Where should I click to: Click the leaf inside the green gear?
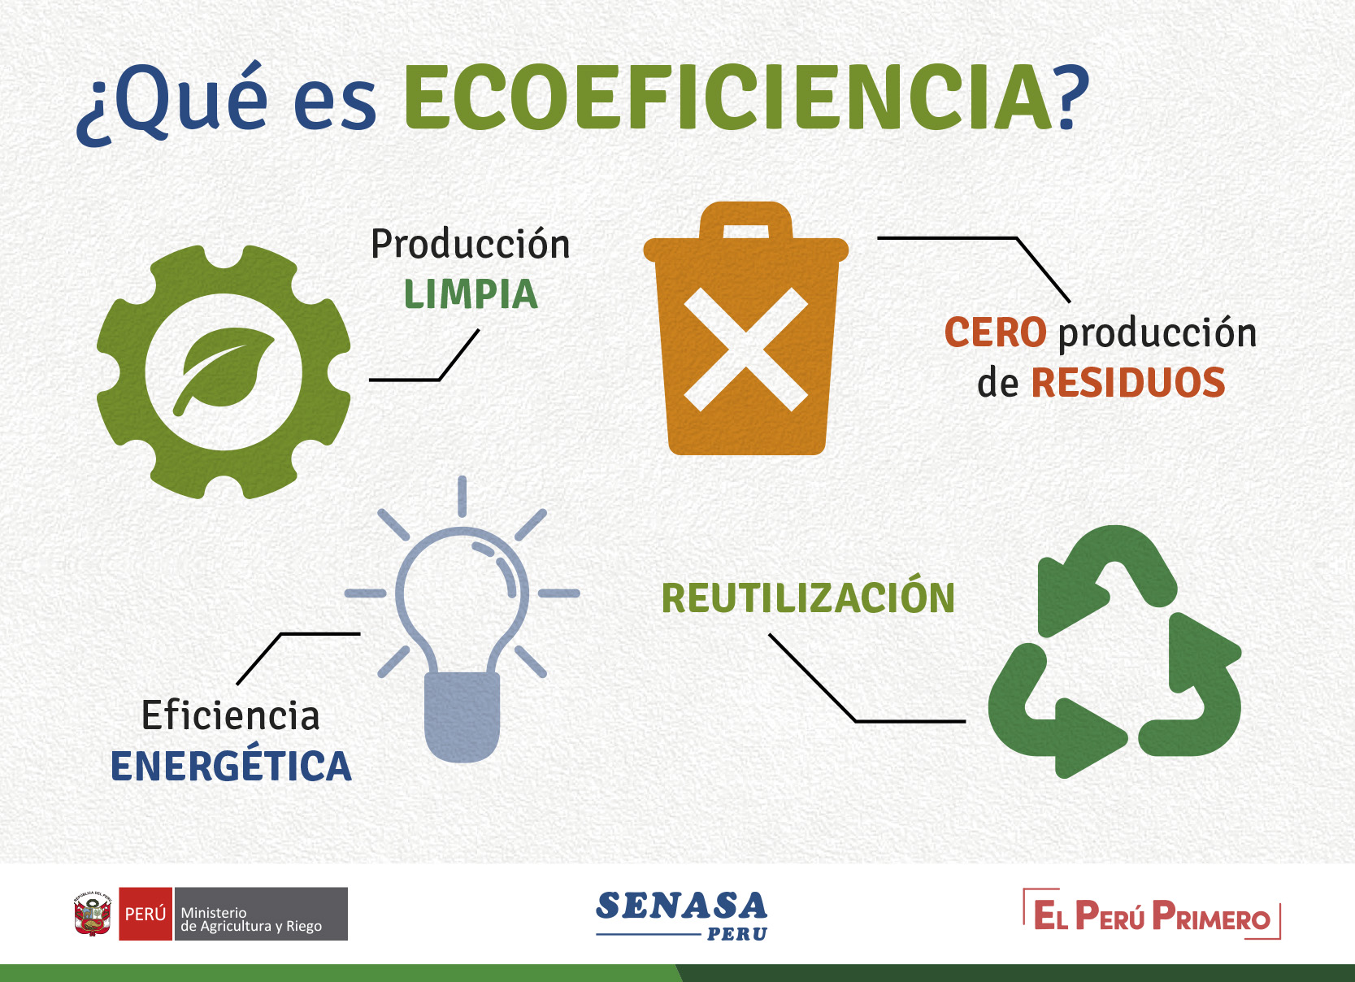point(223,371)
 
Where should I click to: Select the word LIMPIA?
point(471,294)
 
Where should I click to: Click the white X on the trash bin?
point(746,349)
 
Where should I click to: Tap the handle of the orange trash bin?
point(746,221)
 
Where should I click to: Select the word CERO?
point(995,332)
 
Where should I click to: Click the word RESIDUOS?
point(1128,383)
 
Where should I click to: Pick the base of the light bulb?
point(463,716)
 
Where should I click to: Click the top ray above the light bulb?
point(463,496)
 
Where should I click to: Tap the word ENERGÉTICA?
point(231,765)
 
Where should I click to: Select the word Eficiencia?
point(231,715)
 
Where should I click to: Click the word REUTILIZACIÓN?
point(808,597)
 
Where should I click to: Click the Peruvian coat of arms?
point(93,914)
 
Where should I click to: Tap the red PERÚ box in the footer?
point(145,914)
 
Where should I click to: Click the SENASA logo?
point(682,915)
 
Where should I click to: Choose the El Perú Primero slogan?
point(1152,915)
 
